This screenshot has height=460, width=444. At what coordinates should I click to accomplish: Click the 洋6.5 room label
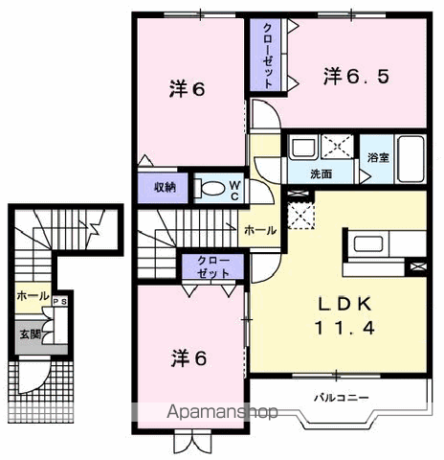click(x=356, y=77)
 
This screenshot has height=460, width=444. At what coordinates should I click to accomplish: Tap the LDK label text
click(x=344, y=304)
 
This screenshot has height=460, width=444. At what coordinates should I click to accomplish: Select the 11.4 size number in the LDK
click(x=344, y=328)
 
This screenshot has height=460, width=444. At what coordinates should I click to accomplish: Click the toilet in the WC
click(x=210, y=189)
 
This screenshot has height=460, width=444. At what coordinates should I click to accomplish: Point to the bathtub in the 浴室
click(x=411, y=159)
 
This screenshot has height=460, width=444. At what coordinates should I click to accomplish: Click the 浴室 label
click(x=378, y=157)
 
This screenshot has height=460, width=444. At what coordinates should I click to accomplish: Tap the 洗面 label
click(x=322, y=174)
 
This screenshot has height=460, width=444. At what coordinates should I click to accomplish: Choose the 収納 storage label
click(x=165, y=188)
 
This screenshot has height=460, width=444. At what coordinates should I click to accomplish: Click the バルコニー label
click(x=342, y=398)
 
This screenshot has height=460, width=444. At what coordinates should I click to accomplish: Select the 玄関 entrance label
click(x=31, y=334)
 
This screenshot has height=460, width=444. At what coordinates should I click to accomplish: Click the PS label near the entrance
click(x=60, y=302)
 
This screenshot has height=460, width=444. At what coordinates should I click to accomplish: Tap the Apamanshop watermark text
click(x=222, y=412)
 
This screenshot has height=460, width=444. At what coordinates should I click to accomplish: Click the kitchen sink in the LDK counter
click(x=368, y=243)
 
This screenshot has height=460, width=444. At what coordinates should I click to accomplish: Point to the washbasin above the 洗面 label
click(x=303, y=148)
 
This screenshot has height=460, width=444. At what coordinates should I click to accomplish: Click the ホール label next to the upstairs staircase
click(x=260, y=230)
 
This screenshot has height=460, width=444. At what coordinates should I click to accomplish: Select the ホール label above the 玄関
click(x=33, y=296)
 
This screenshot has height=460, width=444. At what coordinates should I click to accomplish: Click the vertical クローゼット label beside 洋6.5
click(x=268, y=57)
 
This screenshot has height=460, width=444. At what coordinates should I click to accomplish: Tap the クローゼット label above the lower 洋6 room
click(x=213, y=267)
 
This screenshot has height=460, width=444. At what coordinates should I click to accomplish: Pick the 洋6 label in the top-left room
click(x=187, y=89)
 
